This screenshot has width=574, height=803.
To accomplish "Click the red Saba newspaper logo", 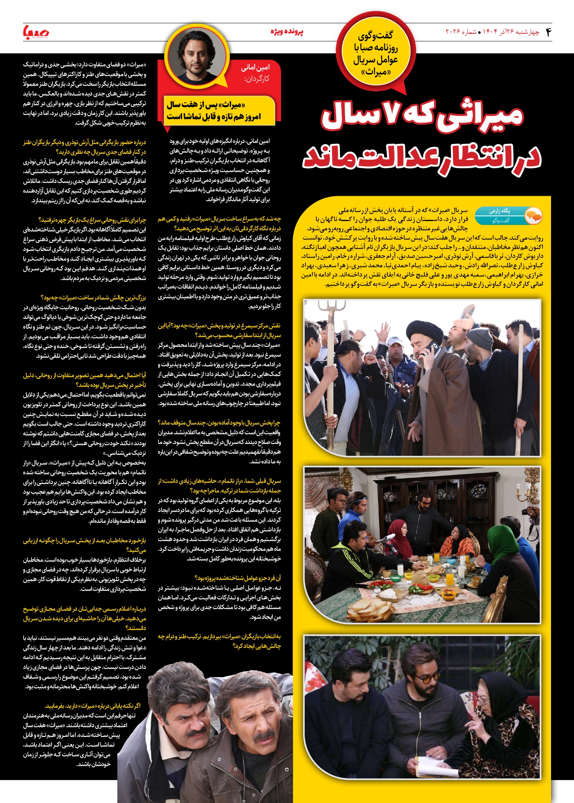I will click(x=36, y=32).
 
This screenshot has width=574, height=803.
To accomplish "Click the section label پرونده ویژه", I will click(x=287, y=32).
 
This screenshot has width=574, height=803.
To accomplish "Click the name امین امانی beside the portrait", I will click(x=255, y=68).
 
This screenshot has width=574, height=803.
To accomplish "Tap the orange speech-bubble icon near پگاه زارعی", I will click(x=533, y=216).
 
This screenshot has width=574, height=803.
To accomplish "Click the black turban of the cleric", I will click(x=424, y=331).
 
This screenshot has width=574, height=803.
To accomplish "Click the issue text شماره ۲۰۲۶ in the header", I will click(x=461, y=32).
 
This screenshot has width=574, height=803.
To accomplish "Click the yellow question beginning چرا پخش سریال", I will click(x=219, y=423).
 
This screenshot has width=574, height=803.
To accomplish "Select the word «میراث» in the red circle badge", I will click(x=375, y=72).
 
